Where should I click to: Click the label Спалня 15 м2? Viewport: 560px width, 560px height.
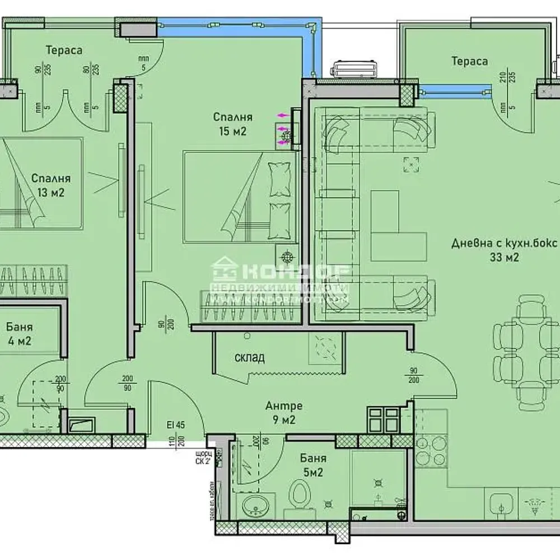point(232,124)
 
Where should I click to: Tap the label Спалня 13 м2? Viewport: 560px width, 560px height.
point(50,185)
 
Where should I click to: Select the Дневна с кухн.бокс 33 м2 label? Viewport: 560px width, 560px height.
point(505,250)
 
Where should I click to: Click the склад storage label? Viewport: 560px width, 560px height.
point(250,357)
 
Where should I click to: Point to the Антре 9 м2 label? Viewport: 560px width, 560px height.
point(284,412)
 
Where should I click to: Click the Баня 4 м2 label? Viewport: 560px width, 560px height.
point(19,333)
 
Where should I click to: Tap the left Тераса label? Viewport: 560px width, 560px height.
point(64,50)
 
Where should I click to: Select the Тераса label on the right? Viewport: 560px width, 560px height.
point(469,61)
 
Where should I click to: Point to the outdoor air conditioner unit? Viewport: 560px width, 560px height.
point(356,69)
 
